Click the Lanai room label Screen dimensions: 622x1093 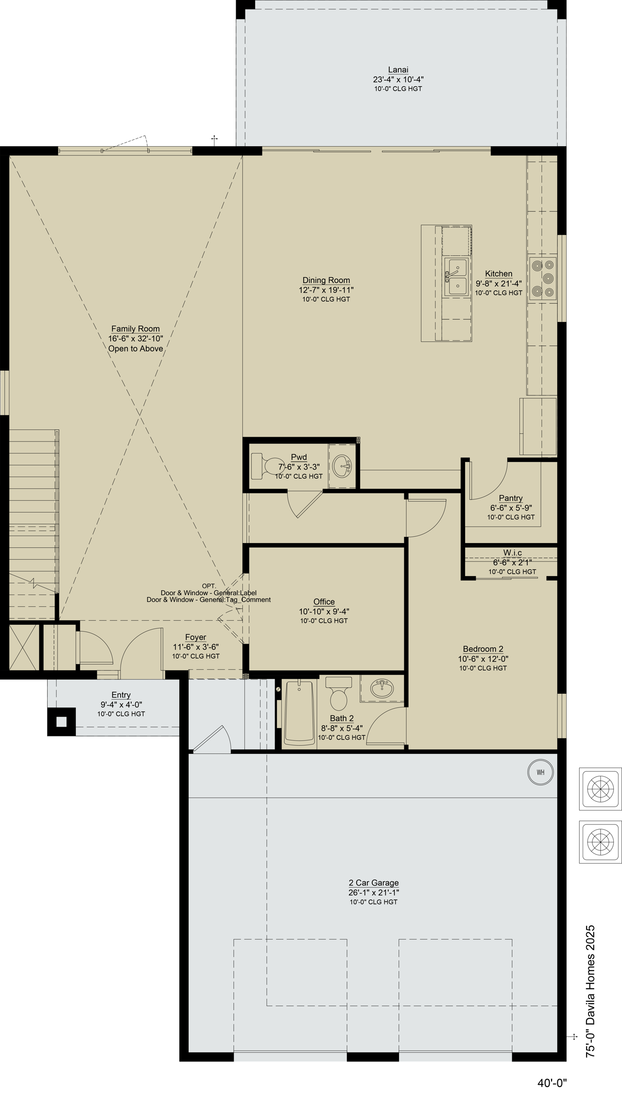click(x=398, y=70)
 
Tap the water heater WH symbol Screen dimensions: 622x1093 click(x=540, y=772)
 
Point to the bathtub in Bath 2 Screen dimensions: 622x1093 click(x=299, y=713)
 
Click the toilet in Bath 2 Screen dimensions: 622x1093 click(x=338, y=694)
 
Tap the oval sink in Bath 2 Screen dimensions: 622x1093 click(x=382, y=688)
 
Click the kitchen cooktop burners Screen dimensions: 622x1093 click(x=542, y=278)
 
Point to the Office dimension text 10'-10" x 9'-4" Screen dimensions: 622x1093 click(x=324, y=612)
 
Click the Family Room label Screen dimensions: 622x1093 click(x=136, y=329)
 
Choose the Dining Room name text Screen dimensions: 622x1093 click(x=326, y=280)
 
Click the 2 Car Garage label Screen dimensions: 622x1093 click(x=374, y=883)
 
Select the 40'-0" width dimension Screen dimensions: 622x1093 click(x=552, y=1082)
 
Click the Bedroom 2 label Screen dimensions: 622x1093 click(x=483, y=649)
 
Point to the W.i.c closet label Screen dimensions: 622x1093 click(x=513, y=553)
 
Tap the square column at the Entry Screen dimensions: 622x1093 click(x=61, y=722)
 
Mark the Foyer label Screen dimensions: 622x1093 click(x=196, y=637)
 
